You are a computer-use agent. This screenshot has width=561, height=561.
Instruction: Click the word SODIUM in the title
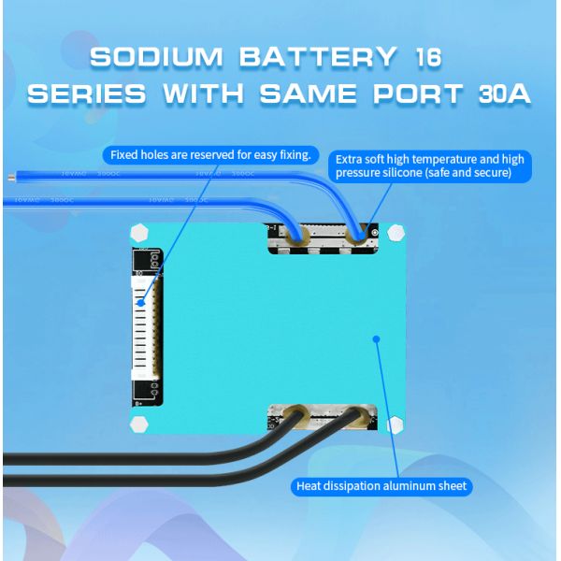(x=156, y=57)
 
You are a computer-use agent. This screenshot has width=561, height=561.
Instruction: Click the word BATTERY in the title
(x=312, y=57)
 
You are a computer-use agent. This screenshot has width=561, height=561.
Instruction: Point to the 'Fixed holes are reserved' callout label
(x=210, y=154)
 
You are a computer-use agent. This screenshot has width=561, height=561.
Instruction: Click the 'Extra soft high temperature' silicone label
(x=430, y=165)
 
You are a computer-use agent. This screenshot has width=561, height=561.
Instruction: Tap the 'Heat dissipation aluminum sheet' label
(x=381, y=486)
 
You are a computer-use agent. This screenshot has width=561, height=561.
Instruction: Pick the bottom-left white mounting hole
(x=138, y=426)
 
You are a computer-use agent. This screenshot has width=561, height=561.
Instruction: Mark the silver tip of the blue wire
(x=9, y=176)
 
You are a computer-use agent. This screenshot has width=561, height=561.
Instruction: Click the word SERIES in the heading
(x=87, y=93)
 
